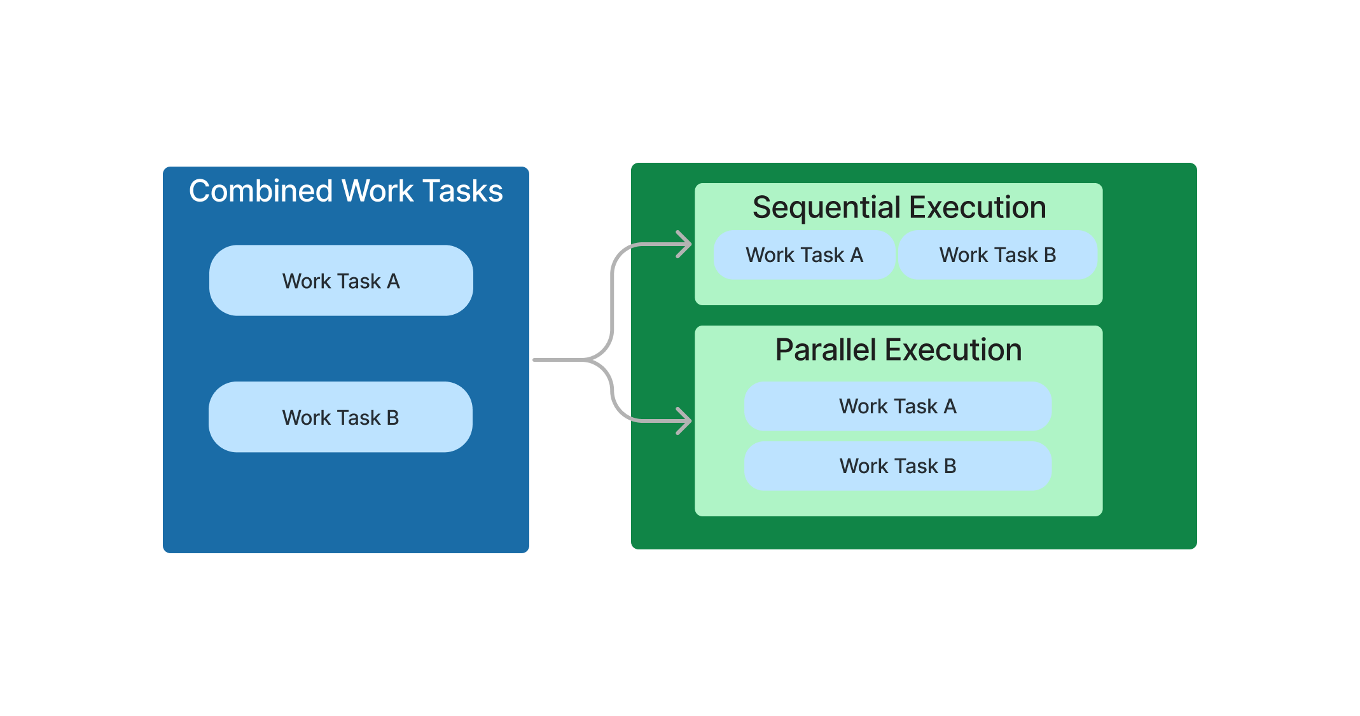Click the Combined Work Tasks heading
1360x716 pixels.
345,191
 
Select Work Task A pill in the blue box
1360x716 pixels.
341,280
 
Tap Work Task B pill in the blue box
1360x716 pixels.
340,417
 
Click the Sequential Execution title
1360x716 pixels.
899,207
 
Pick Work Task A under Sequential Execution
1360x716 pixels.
804,255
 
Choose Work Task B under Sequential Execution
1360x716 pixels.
997,255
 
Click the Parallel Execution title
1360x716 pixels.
898,350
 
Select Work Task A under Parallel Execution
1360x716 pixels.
898,406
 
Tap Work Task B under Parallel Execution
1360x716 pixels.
898,466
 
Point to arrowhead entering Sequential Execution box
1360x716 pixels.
687,244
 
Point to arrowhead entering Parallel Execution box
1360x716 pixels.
687,421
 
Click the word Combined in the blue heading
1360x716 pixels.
261,191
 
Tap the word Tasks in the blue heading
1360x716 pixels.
462,191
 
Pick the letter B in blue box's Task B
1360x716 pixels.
392,418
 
